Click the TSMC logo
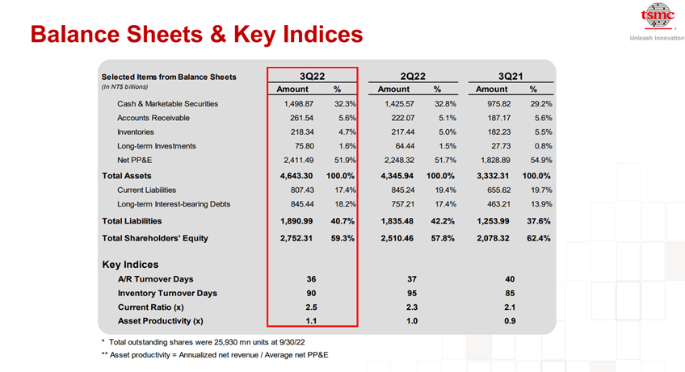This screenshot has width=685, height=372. (x=656, y=17)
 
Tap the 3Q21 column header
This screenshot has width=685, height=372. (x=508, y=76)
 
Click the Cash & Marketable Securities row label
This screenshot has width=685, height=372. (x=167, y=103)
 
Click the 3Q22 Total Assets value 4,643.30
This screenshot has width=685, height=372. (x=296, y=175)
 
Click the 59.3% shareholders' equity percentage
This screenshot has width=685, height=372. (x=342, y=238)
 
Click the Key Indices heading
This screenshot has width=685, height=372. (x=130, y=264)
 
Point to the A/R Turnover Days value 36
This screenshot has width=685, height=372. (x=311, y=278)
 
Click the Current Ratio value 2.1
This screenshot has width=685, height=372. (x=508, y=307)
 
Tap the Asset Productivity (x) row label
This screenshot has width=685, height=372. (x=160, y=321)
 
